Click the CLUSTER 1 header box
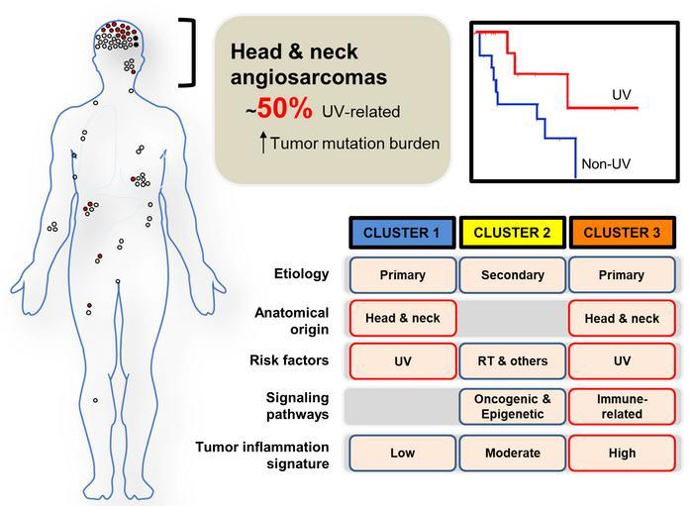(x=402, y=233)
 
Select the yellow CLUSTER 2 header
(x=512, y=233)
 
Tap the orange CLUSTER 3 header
(x=622, y=233)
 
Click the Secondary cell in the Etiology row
(x=513, y=275)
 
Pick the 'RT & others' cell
(x=513, y=361)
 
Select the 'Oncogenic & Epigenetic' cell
(x=513, y=407)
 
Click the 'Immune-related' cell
(x=622, y=407)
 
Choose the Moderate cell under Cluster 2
(x=513, y=453)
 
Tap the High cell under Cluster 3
(x=622, y=453)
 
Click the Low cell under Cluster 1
(x=403, y=453)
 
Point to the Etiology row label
(x=301, y=274)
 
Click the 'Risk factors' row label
(x=289, y=360)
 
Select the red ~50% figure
(x=279, y=109)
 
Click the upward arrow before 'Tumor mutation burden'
(x=263, y=143)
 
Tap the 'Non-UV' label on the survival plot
(x=606, y=164)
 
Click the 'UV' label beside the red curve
(x=622, y=95)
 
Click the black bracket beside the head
(x=192, y=52)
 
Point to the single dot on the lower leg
(x=95, y=400)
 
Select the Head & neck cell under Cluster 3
(x=622, y=318)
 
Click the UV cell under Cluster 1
(x=403, y=361)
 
